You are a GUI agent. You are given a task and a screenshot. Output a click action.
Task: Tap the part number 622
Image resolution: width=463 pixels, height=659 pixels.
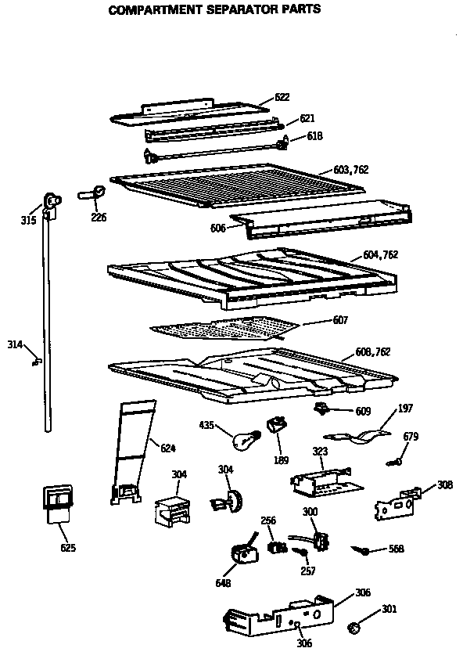(x=282, y=98)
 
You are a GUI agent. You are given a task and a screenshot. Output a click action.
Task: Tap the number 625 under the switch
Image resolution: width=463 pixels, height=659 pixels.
(x=68, y=548)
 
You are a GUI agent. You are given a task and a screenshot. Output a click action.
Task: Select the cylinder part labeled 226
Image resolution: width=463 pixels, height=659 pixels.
(x=91, y=192)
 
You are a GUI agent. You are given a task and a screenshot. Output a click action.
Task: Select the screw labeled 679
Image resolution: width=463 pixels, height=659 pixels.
(x=397, y=462)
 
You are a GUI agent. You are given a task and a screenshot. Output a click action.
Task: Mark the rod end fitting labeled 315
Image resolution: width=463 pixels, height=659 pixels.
(x=52, y=203)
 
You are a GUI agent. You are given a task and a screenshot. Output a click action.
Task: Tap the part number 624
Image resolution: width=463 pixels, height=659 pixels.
(x=167, y=448)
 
